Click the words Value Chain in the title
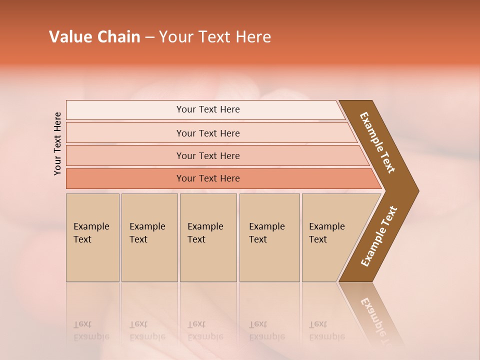[94, 37]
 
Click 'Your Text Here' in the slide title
[215, 37]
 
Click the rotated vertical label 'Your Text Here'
[57, 143]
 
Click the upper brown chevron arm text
[377, 142]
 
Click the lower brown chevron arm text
[379, 236]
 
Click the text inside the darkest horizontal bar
[208, 178]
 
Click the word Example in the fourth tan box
[266, 226]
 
